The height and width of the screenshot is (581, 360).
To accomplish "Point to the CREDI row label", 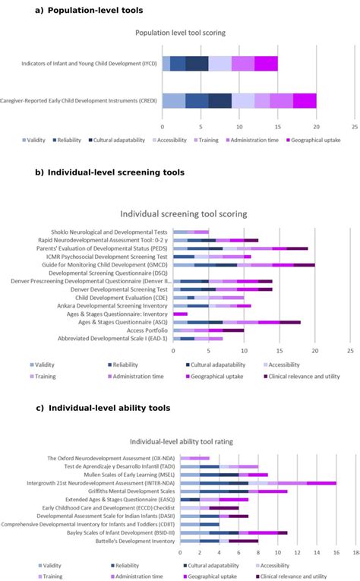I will click(x=79, y=100).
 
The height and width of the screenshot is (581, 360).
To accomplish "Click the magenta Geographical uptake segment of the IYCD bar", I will click(x=266, y=63).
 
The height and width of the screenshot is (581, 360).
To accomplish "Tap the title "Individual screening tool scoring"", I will click(x=181, y=214).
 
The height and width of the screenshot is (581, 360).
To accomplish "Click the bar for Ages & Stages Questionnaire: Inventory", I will click(x=180, y=314).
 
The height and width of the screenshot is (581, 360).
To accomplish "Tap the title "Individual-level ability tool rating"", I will click(x=181, y=440).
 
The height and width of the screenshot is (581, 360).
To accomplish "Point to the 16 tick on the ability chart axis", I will click(x=336, y=551).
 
